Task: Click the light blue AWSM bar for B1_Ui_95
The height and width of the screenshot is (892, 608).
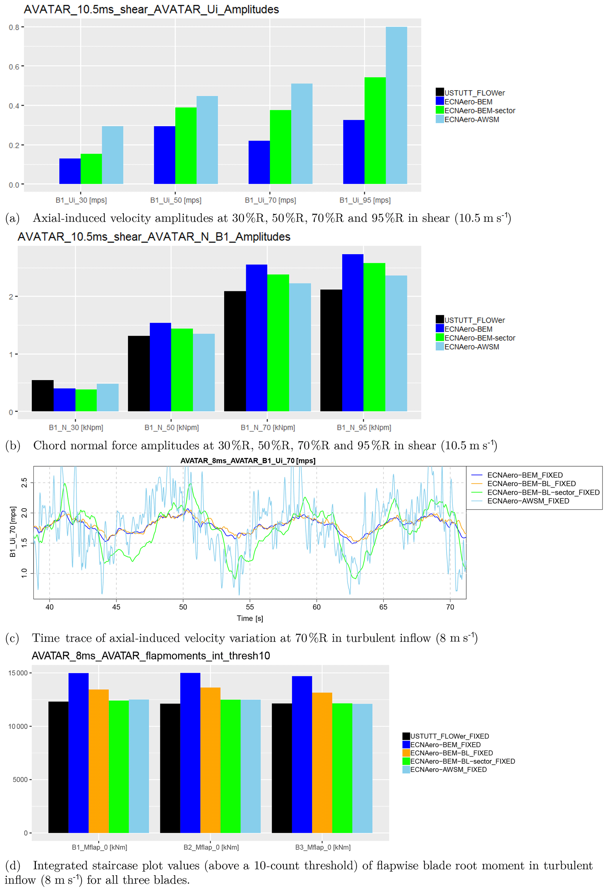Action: (396, 106)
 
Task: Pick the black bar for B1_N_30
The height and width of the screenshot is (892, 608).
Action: (43, 396)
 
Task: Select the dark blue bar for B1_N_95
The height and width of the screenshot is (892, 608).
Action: (352, 333)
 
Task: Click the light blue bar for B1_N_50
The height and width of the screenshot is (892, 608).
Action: (204, 373)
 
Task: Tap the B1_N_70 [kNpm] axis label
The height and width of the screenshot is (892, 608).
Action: (268, 427)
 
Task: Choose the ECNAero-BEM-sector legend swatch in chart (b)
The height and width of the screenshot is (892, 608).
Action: (439, 338)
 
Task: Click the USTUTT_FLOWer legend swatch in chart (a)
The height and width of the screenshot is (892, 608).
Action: (439, 92)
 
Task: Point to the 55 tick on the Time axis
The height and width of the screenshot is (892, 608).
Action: (250, 607)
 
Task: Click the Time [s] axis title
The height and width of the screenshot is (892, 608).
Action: (250, 618)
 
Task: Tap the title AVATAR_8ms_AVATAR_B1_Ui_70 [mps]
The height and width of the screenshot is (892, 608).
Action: (248, 461)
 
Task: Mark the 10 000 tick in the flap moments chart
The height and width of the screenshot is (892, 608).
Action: (18, 726)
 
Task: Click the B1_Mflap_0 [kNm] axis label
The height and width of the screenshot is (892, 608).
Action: (99, 847)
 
